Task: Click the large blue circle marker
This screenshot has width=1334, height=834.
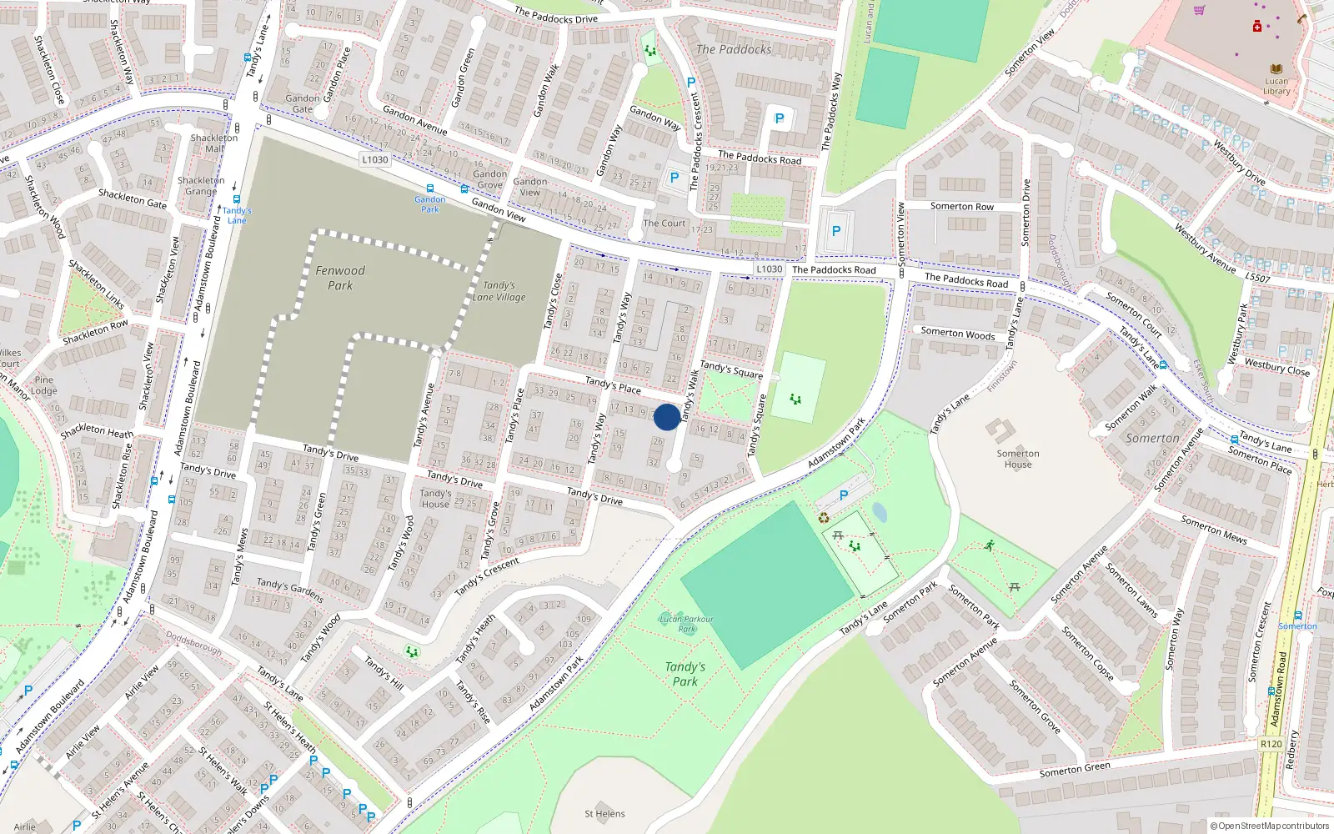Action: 667,417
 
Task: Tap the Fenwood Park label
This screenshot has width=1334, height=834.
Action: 340,278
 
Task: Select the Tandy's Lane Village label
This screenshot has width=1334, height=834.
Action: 499,291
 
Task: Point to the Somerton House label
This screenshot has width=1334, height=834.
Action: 1018,459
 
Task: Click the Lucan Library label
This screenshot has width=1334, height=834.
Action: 1276,86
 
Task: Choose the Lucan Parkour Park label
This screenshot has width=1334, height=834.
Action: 686,624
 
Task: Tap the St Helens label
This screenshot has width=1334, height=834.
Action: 604,814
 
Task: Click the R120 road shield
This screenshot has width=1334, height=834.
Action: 1271,744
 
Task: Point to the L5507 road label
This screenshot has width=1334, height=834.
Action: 1258,278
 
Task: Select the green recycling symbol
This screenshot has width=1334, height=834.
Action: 824,518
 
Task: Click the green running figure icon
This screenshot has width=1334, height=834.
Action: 989,546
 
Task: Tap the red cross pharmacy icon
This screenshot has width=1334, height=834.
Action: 1256,27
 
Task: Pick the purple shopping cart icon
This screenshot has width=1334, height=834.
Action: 1199,11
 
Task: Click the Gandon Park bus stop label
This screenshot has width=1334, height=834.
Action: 430,203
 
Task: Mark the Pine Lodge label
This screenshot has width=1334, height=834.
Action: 44,385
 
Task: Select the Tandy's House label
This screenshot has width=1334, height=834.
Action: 435,499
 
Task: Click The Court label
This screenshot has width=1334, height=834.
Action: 664,224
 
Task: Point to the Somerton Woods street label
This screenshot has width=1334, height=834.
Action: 958,334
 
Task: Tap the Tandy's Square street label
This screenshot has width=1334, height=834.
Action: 731,369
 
